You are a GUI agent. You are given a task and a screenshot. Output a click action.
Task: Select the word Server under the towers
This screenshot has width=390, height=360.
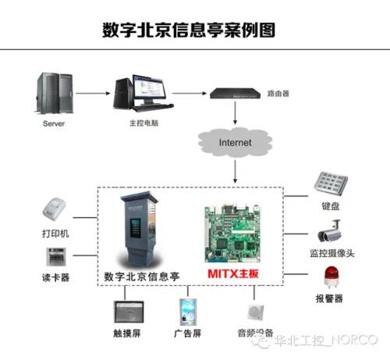pyautogui.click(x=53, y=123)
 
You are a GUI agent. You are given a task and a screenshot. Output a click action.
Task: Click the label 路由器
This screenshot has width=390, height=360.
pyautogui.click(x=278, y=93)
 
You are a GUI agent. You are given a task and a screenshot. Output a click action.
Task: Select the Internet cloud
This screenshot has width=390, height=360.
pyautogui.click(x=235, y=143)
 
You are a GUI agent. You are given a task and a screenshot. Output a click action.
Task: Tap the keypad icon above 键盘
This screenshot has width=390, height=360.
pyautogui.click(x=331, y=184)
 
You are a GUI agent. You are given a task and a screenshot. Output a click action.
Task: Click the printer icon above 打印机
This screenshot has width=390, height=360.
pyautogui.click(x=55, y=210)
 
